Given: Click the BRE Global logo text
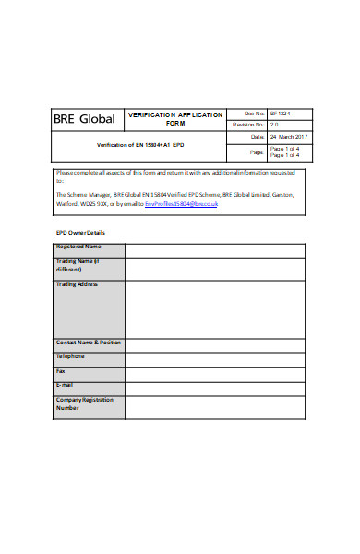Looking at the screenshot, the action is click(x=84, y=119).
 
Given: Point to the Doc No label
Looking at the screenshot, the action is click(x=253, y=113).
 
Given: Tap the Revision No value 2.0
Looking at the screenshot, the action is click(x=274, y=124).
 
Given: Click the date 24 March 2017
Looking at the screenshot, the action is click(x=289, y=137).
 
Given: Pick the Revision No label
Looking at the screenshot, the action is click(x=248, y=124).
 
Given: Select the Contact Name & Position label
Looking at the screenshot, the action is click(x=88, y=343).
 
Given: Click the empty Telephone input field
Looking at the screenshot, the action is click(x=214, y=357).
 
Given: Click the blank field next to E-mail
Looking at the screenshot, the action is click(x=214, y=386).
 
